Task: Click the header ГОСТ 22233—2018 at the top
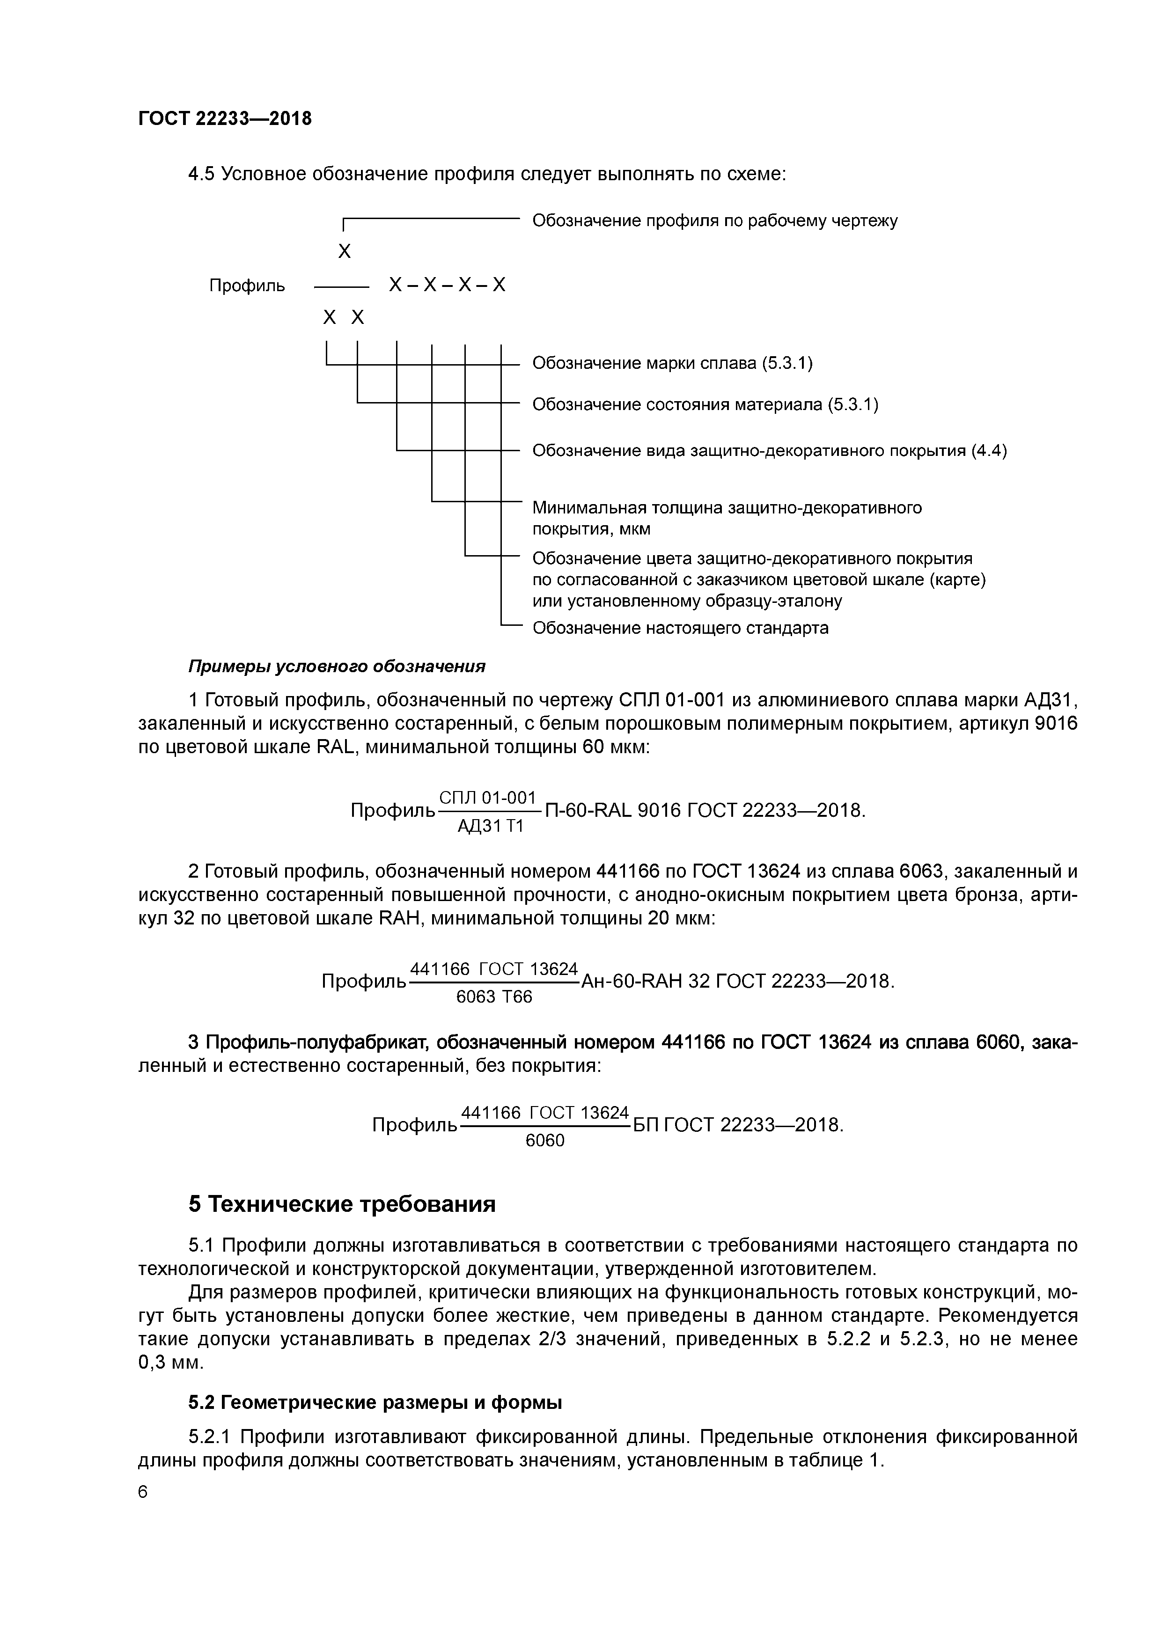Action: click(x=225, y=119)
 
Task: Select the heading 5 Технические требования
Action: click(x=342, y=1204)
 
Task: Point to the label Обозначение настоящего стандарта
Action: click(x=680, y=628)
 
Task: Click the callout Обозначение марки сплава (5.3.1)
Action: click(x=672, y=363)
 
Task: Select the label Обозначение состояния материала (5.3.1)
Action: click(x=705, y=405)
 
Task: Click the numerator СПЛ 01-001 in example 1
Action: click(x=487, y=798)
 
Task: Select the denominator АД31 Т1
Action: click(x=491, y=827)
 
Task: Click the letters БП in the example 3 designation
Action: click(x=645, y=1125)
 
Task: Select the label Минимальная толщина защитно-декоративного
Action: click(x=727, y=508)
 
